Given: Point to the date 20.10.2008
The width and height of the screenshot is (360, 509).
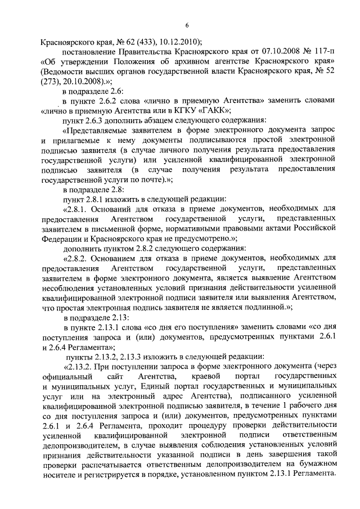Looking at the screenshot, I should click(81, 80).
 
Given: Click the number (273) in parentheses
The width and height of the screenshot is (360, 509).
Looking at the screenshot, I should click(52, 80).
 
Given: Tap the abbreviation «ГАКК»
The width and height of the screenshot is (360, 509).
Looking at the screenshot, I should click(216, 110).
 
